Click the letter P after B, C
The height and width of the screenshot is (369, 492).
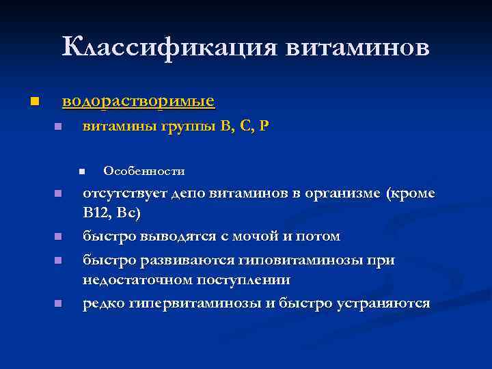click(x=264, y=127)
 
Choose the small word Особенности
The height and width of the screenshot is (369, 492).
click(x=143, y=171)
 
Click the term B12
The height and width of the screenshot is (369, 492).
click(x=96, y=215)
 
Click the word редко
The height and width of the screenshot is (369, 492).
click(x=102, y=303)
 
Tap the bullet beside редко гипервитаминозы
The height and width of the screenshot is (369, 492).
click(x=58, y=303)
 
